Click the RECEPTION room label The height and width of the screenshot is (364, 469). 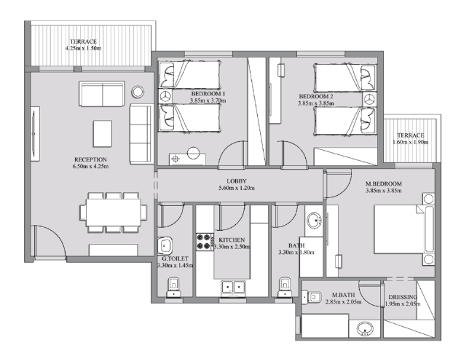tap(90, 159)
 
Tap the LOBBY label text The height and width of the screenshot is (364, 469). tap(237, 181)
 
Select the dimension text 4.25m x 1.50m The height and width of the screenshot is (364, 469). tap(83, 48)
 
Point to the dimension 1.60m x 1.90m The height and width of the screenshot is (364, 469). tap(411, 142)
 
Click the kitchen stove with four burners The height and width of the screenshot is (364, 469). tap(205, 242)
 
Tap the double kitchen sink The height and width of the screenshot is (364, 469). tap(233, 288)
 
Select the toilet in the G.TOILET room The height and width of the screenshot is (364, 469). tap(173, 287)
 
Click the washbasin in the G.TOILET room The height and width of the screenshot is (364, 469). tap(165, 246)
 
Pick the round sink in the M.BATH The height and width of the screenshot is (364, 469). tap(365, 329)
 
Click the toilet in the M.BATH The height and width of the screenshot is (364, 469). tap(312, 297)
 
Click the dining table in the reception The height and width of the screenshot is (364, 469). tap(114, 213)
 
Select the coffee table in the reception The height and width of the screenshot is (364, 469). tap(103, 134)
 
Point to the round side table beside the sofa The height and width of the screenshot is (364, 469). tap(138, 92)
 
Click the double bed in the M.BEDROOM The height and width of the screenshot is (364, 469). tap(403, 229)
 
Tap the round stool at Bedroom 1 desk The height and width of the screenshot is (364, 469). tap(193, 153)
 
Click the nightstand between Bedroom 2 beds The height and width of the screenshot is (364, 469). tap(370, 99)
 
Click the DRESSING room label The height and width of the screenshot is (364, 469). tap(403, 297)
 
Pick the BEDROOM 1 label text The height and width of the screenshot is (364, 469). tap(206, 94)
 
